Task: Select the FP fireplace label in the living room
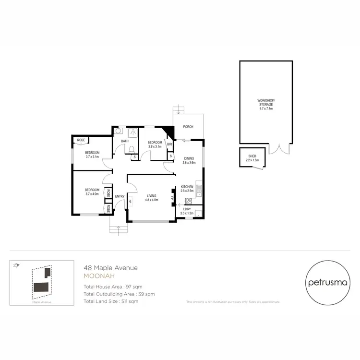point(171,197)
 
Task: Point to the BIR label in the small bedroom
point(169,143)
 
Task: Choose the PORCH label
point(188,127)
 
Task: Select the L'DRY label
point(187,209)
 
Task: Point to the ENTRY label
point(120,195)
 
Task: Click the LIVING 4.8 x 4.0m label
point(152,197)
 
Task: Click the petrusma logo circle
point(326,282)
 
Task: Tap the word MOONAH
point(99,276)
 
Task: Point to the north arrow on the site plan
point(16,264)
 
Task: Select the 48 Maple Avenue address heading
point(110,268)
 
